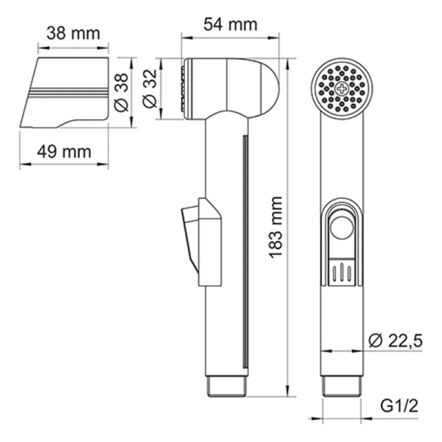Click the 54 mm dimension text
231,25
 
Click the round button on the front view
342,228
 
